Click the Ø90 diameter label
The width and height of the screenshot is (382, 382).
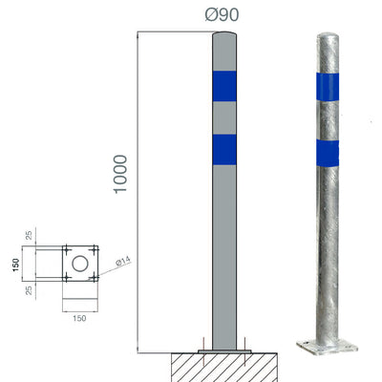(222, 16)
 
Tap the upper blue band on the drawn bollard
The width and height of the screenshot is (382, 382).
(223, 85)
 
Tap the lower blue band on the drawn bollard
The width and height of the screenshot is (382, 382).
(223, 148)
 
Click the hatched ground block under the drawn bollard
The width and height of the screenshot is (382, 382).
(223, 368)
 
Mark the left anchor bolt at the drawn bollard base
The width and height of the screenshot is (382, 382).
(203, 345)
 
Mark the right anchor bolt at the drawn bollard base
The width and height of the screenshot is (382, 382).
(244, 345)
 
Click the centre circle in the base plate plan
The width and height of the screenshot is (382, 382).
(81, 261)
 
